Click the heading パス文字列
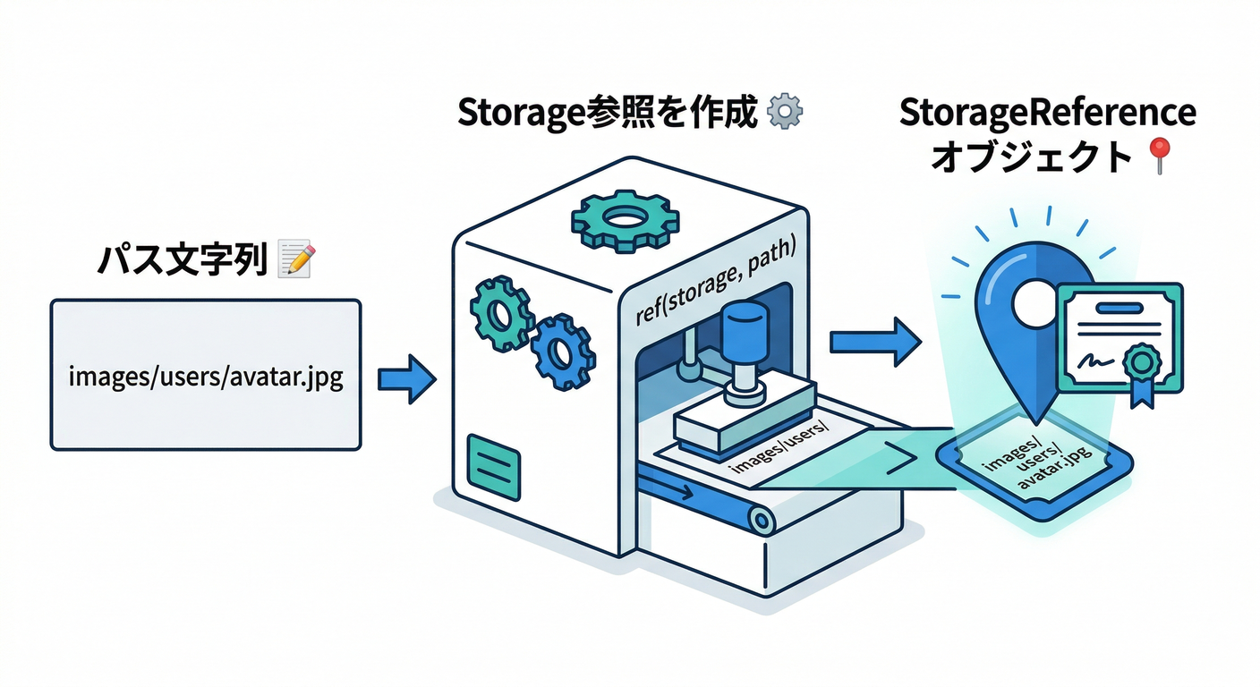[182, 261]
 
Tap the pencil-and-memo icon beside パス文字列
[294, 259]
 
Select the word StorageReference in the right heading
[1047, 114]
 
